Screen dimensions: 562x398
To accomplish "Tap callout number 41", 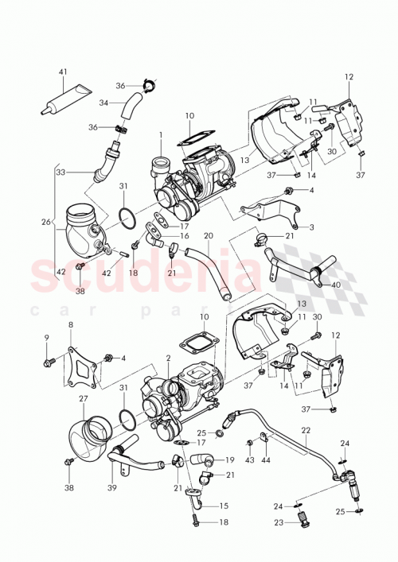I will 63,72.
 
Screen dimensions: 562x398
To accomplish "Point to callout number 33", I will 60,171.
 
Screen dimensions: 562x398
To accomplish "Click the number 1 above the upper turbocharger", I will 160,134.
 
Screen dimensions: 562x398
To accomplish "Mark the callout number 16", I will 185,237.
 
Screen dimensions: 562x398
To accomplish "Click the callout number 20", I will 209,236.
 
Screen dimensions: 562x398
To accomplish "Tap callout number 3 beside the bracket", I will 312,227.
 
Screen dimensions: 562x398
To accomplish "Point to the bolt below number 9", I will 48,363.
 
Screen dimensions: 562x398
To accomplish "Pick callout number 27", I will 83,399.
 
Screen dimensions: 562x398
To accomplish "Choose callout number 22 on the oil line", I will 306,430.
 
